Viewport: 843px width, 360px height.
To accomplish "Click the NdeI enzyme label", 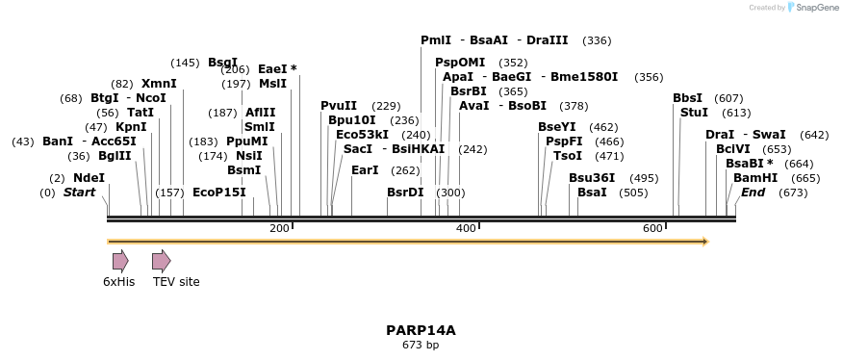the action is point(89,178).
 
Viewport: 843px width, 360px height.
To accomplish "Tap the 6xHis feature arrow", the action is point(120,261).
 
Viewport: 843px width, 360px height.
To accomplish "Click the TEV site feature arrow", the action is point(161,261).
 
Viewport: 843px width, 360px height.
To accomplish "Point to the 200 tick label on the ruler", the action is point(279,228).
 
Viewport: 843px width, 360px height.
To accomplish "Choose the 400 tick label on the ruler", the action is point(466,228).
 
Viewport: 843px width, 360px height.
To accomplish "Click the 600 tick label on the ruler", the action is point(652,228).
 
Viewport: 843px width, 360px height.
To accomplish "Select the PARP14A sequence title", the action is point(421,330).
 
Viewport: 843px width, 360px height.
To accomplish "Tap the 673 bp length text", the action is point(421,345).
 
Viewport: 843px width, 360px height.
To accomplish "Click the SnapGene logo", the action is point(814,8).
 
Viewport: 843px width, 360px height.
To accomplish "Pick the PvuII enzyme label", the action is point(339,106).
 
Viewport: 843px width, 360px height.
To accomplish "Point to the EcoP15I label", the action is point(219,193).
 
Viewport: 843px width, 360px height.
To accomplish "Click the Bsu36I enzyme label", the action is point(592,178).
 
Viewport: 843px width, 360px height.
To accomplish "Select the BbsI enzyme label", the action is point(687,98).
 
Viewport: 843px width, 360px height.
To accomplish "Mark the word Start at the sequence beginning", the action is point(80,193).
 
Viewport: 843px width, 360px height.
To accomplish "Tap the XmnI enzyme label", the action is point(159,84).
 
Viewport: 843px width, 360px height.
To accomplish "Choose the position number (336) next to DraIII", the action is point(597,40).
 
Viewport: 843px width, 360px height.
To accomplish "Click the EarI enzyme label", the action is point(365,170).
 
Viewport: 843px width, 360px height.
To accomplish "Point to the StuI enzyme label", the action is point(694,113).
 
